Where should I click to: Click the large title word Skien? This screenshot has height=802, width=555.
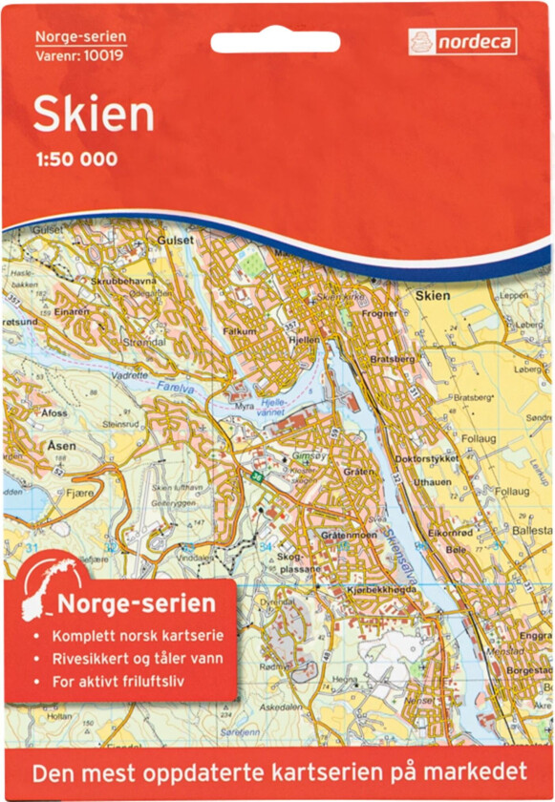click(x=94, y=115)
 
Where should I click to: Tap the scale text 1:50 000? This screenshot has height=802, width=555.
click(x=76, y=159)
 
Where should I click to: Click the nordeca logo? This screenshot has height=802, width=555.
click(x=462, y=41)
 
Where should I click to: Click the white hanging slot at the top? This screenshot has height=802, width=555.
click(x=274, y=43)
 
